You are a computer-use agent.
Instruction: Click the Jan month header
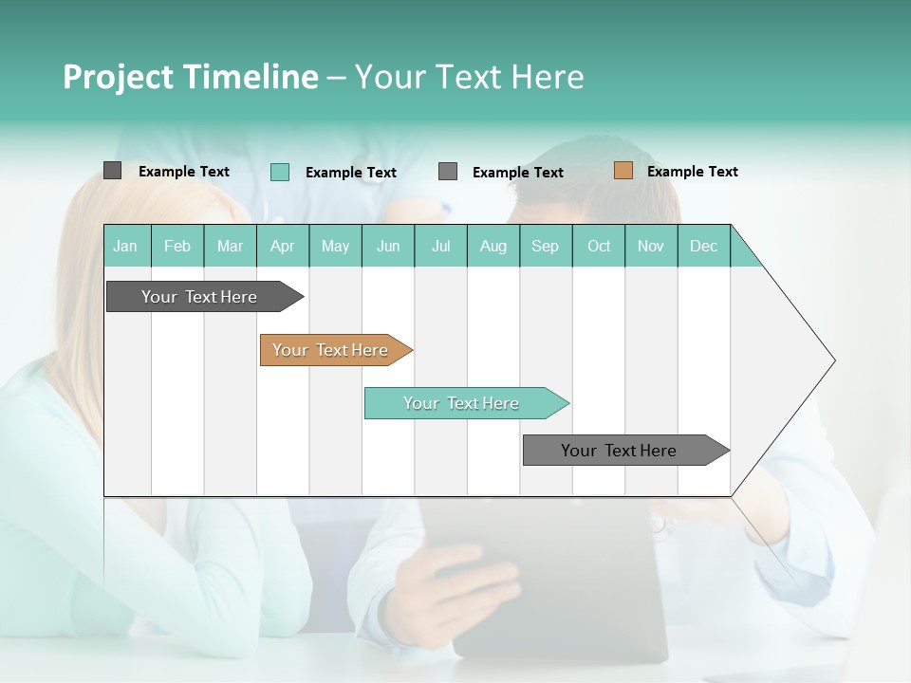click(x=125, y=246)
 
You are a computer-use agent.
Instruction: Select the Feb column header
click(x=177, y=246)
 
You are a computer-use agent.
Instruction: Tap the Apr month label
click(x=282, y=246)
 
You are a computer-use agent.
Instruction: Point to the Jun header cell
click(x=388, y=246)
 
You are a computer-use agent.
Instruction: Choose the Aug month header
click(x=493, y=246)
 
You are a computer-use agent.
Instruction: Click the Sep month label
click(x=545, y=246)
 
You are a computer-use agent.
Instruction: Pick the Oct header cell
click(x=599, y=246)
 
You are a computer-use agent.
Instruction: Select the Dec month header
click(x=703, y=246)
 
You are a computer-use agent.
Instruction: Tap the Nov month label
click(x=651, y=246)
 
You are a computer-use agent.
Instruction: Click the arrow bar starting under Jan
click(x=200, y=297)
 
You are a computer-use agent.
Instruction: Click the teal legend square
click(x=280, y=172)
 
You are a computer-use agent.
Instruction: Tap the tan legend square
click(x=623, y=171)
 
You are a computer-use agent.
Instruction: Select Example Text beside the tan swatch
click(x=692, y=171)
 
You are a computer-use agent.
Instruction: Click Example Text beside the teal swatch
click(x=350, y=172)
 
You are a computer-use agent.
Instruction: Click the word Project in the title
click(x=118, y=77)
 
